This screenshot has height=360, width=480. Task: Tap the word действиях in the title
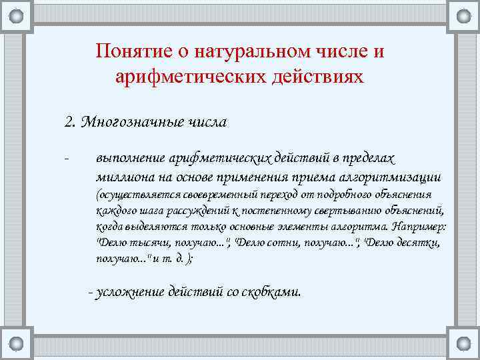[319, 77]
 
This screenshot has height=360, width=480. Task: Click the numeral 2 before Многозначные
[69, 123]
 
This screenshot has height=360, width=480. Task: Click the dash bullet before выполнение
[66, 159]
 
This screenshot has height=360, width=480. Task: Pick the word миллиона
[125, 177]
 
